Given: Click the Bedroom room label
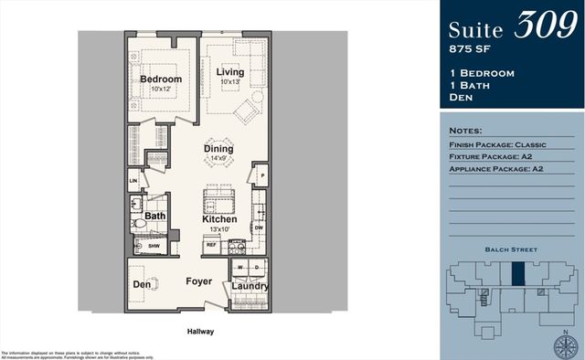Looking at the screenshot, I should click(x=161, y=79).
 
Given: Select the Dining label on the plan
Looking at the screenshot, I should click(x=218, y=148).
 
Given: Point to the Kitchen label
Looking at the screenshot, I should click(x=219, y=219).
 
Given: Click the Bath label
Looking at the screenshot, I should click(x=154, y=217).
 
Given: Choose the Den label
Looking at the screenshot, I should click(x=142, y=284).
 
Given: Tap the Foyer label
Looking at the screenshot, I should click(x=200, y=282).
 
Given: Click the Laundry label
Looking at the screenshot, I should click(x=250, y=286).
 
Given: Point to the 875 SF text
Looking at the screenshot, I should click(x=471, y=46).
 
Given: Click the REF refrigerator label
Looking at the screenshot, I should click(x=211, y=245).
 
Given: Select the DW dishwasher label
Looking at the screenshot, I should click(x=258, y=228).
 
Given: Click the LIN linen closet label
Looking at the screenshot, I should click(x=132, y=181).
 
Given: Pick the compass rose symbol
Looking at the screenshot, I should click(x=566, y=345).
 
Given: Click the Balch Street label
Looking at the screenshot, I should click(x=511, y=249).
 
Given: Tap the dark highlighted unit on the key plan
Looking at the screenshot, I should click(x=518, y=273).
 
